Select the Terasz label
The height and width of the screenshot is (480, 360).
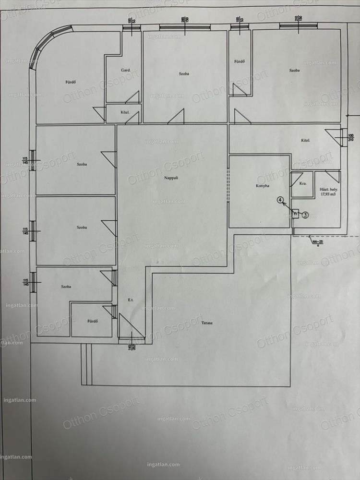pyautogui.click(x=207, y=323)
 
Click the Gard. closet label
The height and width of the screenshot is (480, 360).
pyautogui.click(x=126, y=70)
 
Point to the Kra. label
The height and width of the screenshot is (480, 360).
pyautogui.click(x=303, y=184)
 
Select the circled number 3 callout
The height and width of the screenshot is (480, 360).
pyautogui.click(x=306, y=216)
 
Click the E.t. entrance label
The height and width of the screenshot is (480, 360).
pyautogui.click(x=130, y=300)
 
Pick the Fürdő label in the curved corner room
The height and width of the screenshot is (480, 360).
pyautogui.click(x=72, y=81)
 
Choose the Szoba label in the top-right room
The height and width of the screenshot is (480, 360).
pyautogui.click(x=294, y=70)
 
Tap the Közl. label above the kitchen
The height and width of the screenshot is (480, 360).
pyautogui.click(x=305, y=141)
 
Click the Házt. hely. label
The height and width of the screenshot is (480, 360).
pyautogui.click(x=328, y=189)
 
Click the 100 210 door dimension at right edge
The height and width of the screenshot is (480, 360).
pyautogui.click(x=350, y=139)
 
